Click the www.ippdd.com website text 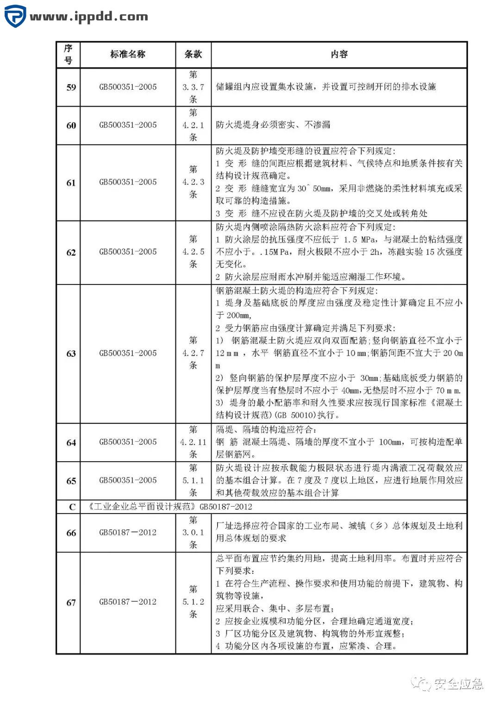89,17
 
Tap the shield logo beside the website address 15,17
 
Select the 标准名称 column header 128,55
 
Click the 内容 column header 339,55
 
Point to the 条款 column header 193,55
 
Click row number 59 71,87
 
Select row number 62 71,253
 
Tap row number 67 71,602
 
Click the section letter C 72,507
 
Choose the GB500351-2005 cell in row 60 128,125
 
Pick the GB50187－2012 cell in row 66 128,533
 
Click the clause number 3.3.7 193,87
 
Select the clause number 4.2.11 193,442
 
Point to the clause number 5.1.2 193,602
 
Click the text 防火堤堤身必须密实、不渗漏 273,125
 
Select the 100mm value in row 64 390,442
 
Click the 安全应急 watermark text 458,683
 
